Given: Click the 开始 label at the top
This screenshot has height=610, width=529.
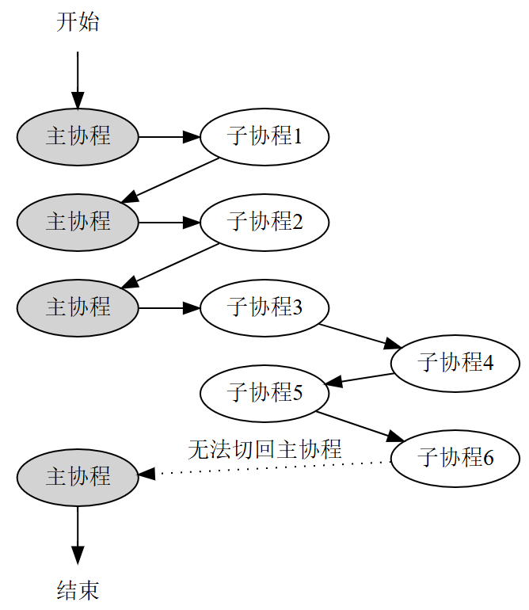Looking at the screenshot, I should [78, 22].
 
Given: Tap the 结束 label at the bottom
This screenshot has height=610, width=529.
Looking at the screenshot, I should [78, 590].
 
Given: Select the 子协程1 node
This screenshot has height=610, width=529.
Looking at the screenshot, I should [264, 137].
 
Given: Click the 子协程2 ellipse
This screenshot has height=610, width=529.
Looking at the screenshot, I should [264, 222].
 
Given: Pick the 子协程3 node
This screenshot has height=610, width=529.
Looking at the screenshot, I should [264, 307].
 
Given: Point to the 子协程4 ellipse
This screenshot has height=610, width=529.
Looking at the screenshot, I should [455, 363].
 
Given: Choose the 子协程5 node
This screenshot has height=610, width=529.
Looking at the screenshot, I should [264, 392].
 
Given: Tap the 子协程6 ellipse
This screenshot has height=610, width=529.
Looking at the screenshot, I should [455, 457].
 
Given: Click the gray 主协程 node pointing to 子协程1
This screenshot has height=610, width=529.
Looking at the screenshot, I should [78, 137].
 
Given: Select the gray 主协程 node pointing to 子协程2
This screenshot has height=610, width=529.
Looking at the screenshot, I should [78, 222].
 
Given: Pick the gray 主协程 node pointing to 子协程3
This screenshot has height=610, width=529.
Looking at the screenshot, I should [78, 307].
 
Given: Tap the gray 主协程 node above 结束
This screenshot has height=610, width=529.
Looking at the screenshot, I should [78, 477].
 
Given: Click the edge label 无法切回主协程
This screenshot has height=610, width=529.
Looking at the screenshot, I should [264, 450].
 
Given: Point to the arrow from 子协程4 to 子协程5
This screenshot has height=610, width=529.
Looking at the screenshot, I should [360, 379].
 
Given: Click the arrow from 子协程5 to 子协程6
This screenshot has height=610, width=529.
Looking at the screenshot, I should [361, 426].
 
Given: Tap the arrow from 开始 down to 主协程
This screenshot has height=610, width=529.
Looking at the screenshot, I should [78, 79].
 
